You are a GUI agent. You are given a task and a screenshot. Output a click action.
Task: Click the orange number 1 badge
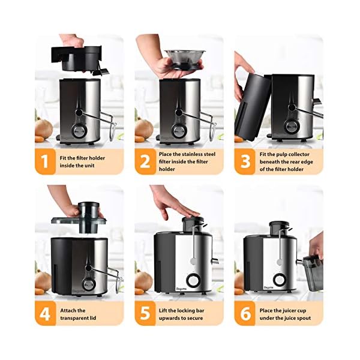[x=46, y=161]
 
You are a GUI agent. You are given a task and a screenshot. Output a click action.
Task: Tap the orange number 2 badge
[x=145, y=161]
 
